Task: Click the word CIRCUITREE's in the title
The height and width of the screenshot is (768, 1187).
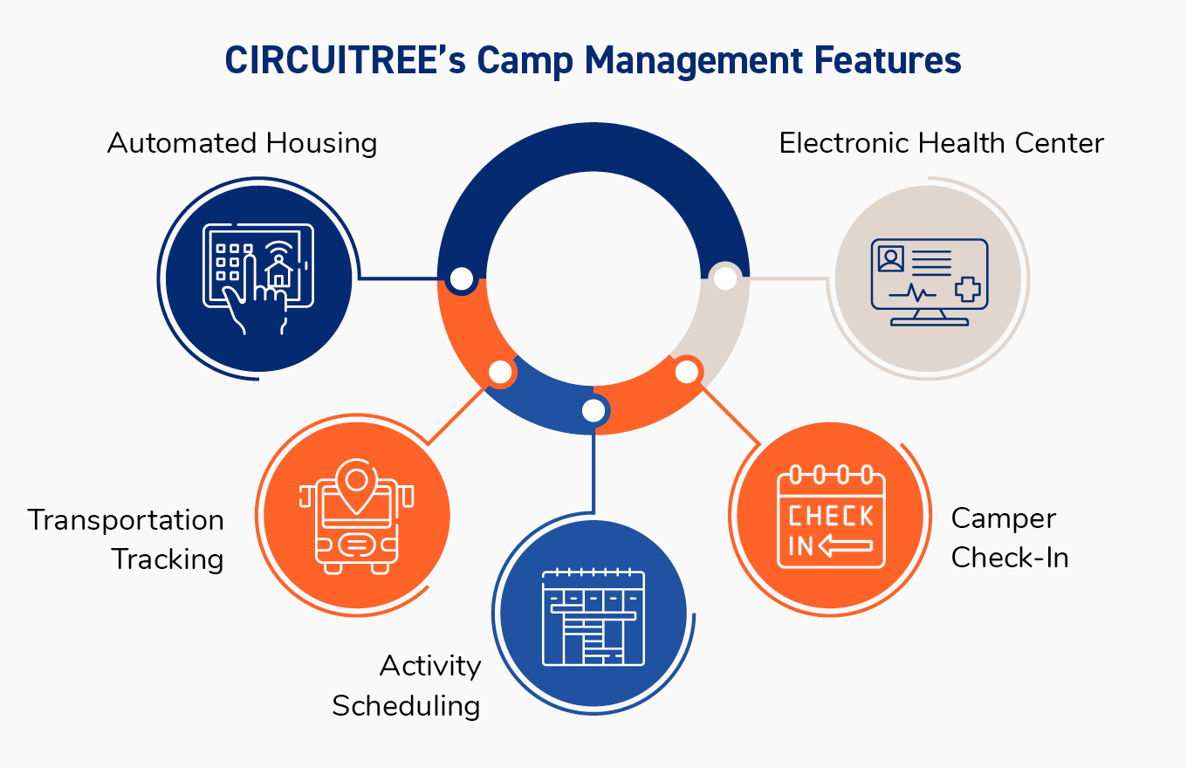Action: (x=345, y=59)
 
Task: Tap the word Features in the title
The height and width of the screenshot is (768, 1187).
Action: (x=888, y=59)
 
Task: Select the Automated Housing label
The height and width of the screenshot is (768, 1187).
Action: (x=242, y=143)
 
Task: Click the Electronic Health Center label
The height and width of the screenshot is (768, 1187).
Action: (x=941, y=143)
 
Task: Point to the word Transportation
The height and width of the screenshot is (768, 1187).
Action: (x=126, y=520)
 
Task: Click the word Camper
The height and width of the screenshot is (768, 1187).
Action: (x=1004, y=519)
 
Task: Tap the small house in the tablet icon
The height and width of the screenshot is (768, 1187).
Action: (x=278, y=271)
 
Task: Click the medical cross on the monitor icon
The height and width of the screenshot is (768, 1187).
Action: (x=968, y=290)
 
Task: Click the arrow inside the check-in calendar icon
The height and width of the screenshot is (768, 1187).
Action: (x=845, y=546)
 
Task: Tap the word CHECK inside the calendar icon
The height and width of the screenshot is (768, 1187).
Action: (x=830, y=516)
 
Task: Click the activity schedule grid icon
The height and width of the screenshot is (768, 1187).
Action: (x=593, y=616)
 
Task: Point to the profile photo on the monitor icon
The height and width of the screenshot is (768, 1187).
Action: (x=891, y=259)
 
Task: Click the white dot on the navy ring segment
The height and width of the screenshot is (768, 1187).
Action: (x=462, y=278)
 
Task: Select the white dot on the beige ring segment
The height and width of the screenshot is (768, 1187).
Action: (x=725, y=278)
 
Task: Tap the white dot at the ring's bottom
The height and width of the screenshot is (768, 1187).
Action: (x=593, y=410)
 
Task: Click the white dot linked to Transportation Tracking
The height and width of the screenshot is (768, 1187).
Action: (x=500, y=372)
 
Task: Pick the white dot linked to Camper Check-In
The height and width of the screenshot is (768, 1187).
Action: (x=687, y=372)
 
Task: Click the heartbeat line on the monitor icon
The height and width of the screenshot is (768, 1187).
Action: (x=912, y=293)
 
